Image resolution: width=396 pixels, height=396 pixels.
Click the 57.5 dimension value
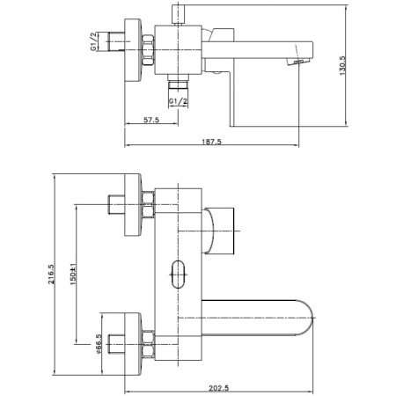click(151, 120)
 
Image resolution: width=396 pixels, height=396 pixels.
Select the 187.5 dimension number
click(212, 142)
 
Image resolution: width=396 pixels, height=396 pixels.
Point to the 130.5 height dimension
click(342, 66)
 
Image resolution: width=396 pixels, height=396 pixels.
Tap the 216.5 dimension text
click(51, 275)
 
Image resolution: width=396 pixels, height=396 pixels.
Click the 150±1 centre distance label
click(73, 274)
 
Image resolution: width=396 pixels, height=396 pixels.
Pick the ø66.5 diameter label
click(99, 343)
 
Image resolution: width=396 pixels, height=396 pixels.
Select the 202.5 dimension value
click(219, 388)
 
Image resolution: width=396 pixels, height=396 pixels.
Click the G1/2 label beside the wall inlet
click(93, 41)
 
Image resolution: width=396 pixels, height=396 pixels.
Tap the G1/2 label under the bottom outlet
click(178, 101)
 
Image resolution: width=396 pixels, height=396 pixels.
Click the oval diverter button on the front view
click(178, 275)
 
